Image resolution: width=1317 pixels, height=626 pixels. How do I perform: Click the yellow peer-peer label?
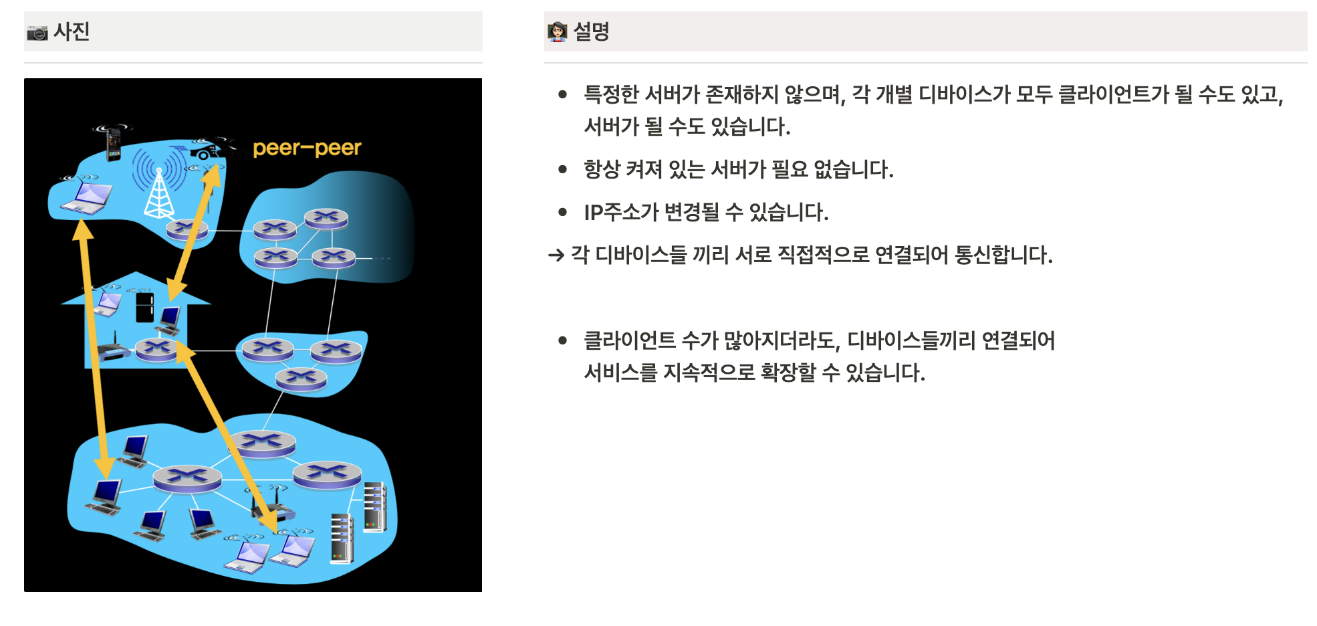coord(307,148)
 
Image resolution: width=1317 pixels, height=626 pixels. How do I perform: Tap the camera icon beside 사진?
coord(37,32)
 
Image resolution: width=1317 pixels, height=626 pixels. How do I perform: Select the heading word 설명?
coord(591,31)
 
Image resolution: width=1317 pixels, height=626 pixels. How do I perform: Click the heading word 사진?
coord(72,31)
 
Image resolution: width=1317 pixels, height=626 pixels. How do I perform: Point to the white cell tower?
coord(159,195)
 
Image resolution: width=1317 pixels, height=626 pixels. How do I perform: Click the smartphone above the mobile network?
coord(114,144)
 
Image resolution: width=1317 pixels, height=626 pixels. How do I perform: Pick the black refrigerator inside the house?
coord(144,307)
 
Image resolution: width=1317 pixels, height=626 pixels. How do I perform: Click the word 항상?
coord(602,170)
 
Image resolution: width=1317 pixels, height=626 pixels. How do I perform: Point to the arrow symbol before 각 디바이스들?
coord(556,255)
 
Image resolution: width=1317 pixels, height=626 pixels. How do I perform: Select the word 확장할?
coord(788,373)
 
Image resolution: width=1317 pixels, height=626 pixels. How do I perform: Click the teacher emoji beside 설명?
coord(557,31)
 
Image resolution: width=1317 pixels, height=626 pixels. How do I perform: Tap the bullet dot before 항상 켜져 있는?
coord(563,170)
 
